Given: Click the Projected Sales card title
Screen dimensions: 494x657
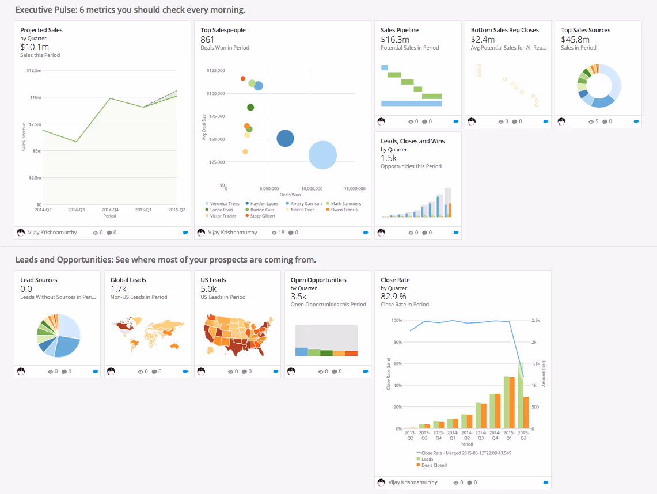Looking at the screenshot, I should (41, 30).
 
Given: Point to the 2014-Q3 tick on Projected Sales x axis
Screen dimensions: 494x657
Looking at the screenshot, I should (75, 210).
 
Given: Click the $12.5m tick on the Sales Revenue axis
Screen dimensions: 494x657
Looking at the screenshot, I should (34, 70).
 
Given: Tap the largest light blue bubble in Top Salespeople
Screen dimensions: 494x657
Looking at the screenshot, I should (322, 155).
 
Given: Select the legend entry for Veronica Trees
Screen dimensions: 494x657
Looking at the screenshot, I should (225, 204).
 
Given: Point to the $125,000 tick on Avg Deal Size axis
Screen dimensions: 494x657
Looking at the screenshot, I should (214, 70).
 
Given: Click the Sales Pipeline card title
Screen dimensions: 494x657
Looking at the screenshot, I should (400, 30).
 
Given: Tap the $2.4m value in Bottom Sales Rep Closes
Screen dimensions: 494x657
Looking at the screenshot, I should (482, 40).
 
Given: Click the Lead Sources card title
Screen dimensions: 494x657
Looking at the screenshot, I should (39, 280).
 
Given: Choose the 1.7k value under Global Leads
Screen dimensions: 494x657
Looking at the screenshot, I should (118, 289).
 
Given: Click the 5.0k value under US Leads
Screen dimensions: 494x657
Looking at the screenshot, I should (208, 289).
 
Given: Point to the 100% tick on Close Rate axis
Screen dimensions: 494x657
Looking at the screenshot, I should (396, 320).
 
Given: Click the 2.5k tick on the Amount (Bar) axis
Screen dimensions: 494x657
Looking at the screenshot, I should (535, 320).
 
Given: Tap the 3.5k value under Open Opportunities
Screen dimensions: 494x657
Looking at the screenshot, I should (299, 297).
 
